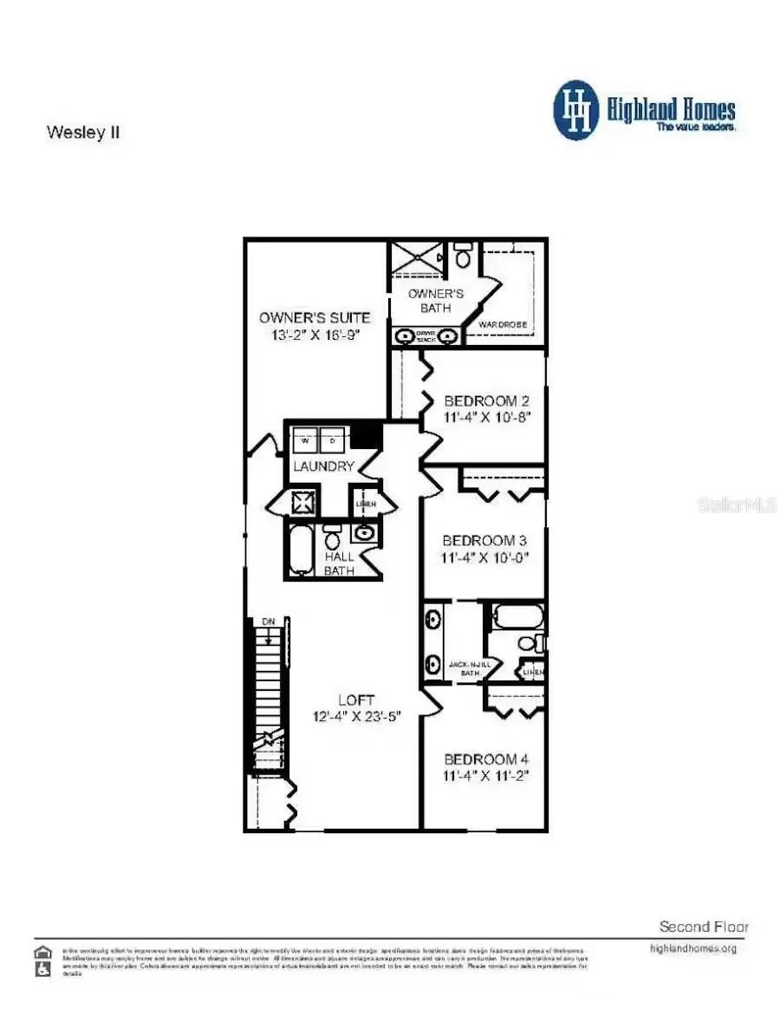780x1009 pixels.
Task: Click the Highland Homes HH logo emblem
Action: tap(576, 110)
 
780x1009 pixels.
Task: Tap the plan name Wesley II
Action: tap(82, 133)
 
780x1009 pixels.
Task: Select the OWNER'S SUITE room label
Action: tap(315, 317)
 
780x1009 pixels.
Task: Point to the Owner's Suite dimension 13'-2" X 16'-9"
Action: tap(315, 335)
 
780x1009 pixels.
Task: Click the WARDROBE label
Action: tap(503, 324)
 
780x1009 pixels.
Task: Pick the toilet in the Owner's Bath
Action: tap(463, 257)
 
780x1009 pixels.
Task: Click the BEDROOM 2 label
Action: tap(486, 401)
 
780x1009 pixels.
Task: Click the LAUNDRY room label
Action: tap(323, 466)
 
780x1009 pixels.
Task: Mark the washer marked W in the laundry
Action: tap(305, 440)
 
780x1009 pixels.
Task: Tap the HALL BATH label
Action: tap(340, 563)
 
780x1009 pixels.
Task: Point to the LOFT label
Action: tap(356, 700)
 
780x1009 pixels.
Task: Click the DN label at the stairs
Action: tap(269, 622)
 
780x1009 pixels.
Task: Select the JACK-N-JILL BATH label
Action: tap(469, 668)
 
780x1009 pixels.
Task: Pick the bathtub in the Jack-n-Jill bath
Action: tap(518, 617)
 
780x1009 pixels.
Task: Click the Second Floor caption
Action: tap(704, 927)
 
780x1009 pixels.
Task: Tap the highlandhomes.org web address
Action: tap(692, 948)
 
